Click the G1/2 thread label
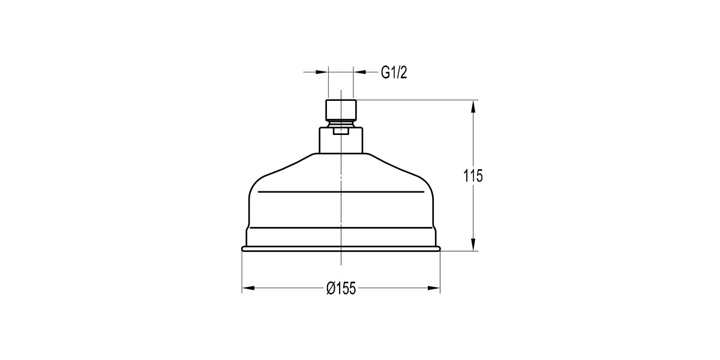pos(394,73)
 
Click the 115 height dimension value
pos(473,176)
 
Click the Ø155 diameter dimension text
pos(341,289)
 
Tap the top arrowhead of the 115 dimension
pos(473,106)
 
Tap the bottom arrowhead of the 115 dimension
pos(473,244)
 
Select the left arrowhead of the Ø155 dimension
pos(248,288)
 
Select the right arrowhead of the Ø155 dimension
pos(434,288)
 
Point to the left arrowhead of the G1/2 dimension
pos(322,72)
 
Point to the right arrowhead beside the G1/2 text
pos(359,72)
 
